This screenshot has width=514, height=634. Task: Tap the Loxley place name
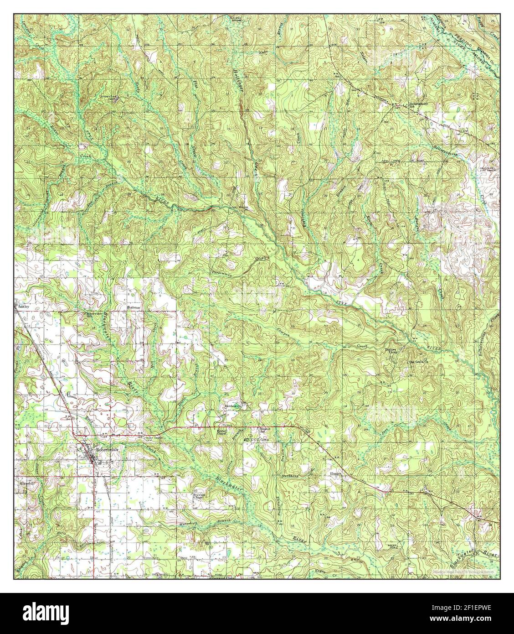pyautogui.click(x=24, y=307)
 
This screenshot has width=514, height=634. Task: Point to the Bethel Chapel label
pyautogui.click(x=222, y=432)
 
